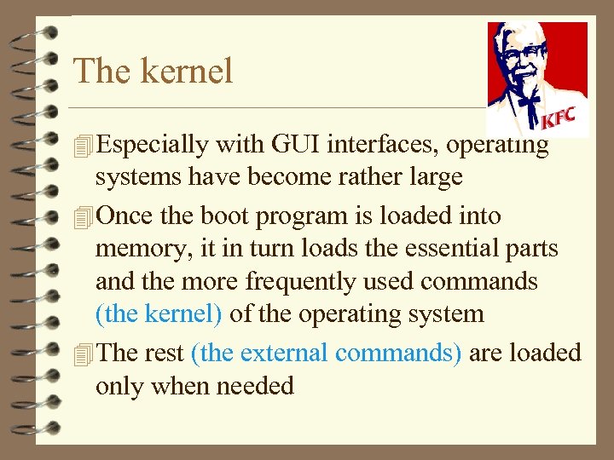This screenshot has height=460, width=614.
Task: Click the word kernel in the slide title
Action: (187, 71)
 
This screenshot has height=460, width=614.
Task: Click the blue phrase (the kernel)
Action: (159, 314)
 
